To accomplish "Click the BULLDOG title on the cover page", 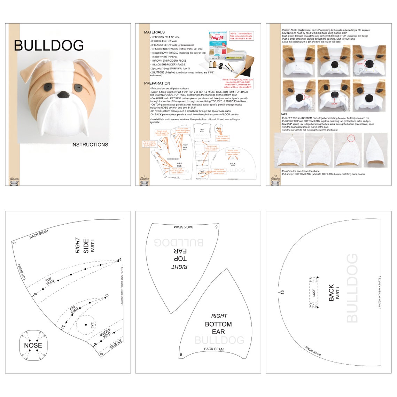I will coord(49,46).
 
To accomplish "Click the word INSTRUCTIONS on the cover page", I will coord(89,145).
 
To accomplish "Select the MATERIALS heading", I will coord(154,32).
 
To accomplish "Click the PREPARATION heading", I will coord(157,83).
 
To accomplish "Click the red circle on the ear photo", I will coord(351,138).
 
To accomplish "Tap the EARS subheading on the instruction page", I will coord(284,114).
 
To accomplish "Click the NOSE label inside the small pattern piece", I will coord(33,345).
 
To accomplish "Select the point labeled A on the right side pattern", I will coord(118,260).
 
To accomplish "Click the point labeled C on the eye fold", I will coord(105,297).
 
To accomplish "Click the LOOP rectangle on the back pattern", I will coord(314,293).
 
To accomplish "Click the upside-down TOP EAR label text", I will coord(180,255).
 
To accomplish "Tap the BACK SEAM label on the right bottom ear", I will coord(214,349).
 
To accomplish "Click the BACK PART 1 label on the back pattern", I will coord(334,293).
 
